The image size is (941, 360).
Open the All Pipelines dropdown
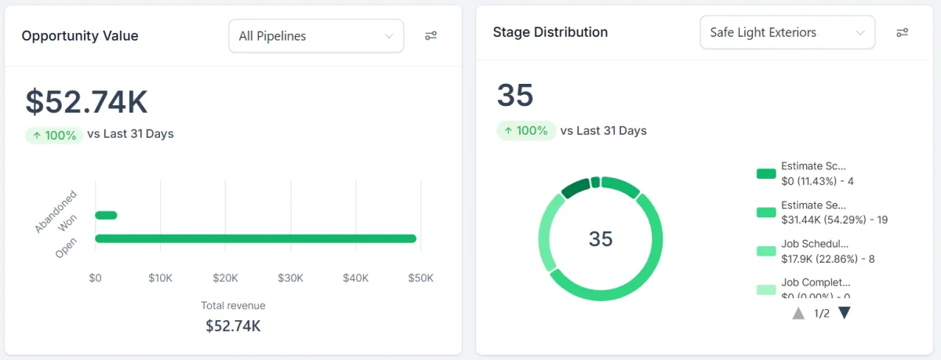(x=316, y=36)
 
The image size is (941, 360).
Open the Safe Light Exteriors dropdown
(x=787, y=33)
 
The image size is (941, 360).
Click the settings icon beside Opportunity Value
(x=431, y=36)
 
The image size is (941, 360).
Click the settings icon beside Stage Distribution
(x=902, y=33)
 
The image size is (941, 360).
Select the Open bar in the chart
(x=256, y=238)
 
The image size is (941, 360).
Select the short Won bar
(x=106, y=215)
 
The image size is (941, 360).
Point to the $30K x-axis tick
(x=290, y=278)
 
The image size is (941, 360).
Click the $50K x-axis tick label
(x=420, y=278)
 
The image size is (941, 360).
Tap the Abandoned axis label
(x=56, y=211)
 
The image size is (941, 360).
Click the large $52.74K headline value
(x=86, y=102)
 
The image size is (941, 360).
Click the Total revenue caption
(x=233, y=306)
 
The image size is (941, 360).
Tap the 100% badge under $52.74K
(x=54, y=135)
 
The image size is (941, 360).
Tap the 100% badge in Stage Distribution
(x=526, y=131)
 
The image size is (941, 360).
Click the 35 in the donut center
(x=601, y=238)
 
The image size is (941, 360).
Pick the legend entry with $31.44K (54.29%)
(x=834, y=213)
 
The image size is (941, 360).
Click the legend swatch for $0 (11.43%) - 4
(x=766, y=173)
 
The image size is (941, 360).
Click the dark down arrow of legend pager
(x=845, y=313)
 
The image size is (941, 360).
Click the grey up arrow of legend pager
(x=798, y=313)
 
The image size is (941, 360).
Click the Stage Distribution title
(x=550, y=33)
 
